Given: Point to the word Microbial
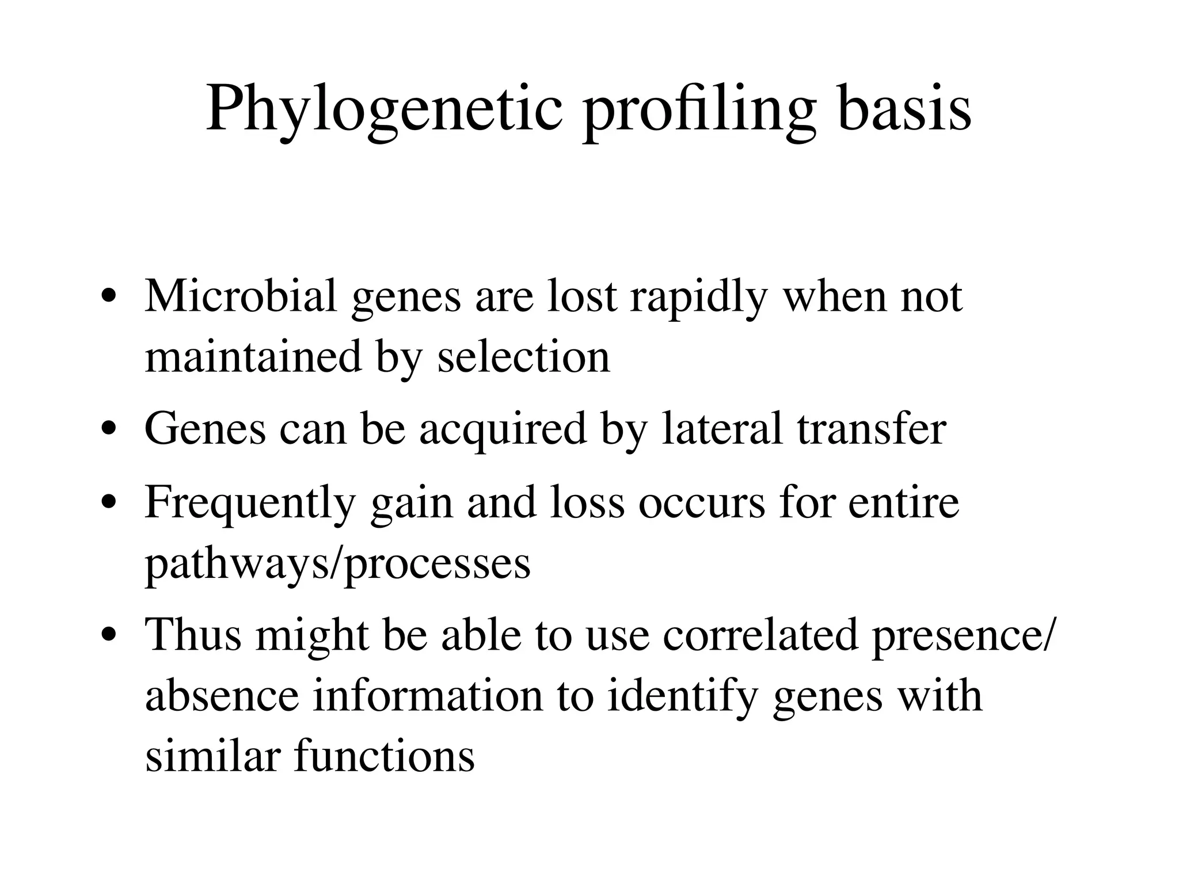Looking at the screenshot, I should tap(241, 296).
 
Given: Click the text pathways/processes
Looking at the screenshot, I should tap(337, 564).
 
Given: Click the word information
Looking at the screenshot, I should tap(428, 696).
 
